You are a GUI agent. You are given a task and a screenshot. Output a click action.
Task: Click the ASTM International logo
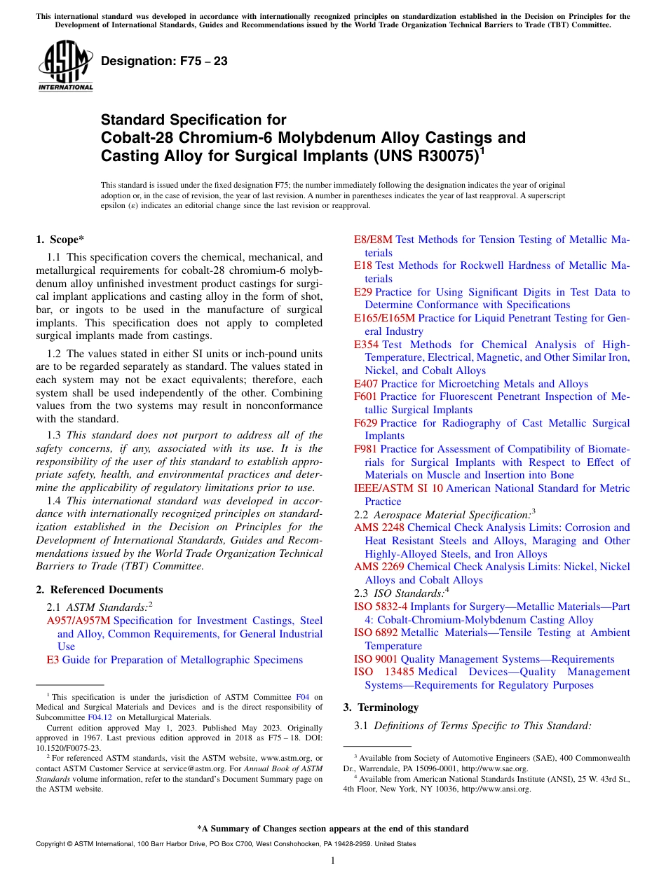pos(65,66)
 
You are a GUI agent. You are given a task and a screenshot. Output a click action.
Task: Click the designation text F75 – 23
pos(164,61)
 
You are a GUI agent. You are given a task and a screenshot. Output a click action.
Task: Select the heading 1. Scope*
pos(60,240)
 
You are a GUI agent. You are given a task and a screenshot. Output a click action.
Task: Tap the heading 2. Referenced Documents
pos(100,590)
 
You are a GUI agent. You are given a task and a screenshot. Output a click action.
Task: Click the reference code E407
pos(366,384)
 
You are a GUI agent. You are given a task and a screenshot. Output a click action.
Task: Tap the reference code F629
pos(365,423)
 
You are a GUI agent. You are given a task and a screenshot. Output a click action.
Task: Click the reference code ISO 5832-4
pos(381,607)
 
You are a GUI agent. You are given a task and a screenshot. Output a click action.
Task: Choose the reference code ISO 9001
pos(376,659)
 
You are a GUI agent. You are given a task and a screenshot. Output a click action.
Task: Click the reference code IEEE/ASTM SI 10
pos(398,489)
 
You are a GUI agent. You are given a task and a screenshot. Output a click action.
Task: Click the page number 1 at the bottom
pos(333,861)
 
